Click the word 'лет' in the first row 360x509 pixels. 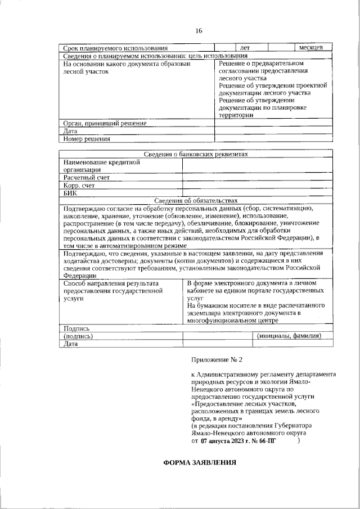[245, 48]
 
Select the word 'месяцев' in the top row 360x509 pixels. [310, 48]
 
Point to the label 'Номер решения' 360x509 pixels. [87, 138]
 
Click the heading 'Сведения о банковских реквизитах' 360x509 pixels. [195, 154]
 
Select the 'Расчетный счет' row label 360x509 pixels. [86, 177]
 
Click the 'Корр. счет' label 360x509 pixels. [79, 185]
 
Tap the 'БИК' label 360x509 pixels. [70, 193]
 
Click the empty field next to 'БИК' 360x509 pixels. [257, 193]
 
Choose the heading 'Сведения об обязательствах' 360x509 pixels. [195, 200]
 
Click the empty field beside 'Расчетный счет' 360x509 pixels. [257, 177]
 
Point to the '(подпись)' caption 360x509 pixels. [79, 336]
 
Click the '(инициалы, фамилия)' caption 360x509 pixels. [289, 336]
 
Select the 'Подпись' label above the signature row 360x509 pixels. [76, 328]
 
